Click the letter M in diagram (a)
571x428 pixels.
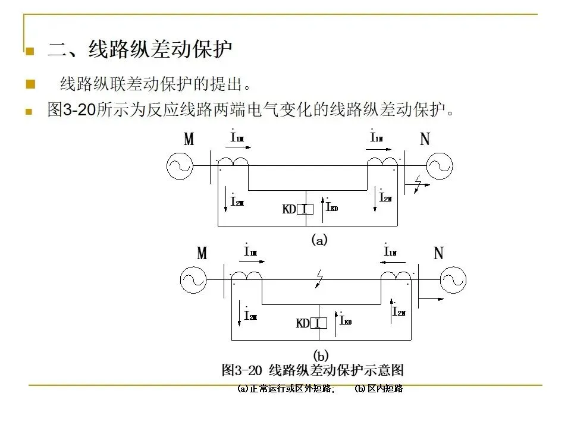coord(189,140)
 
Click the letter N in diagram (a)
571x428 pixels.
coord(425,140)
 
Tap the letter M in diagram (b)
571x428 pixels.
coord(202,254)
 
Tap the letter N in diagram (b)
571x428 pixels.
coord(438,254)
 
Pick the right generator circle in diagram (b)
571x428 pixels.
coord(453,280)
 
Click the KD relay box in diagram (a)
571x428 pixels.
coord(305,209)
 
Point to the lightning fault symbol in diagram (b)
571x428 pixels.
coord(320,278)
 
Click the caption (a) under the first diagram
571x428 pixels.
coord(319,241)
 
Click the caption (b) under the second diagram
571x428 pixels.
coord(321,355)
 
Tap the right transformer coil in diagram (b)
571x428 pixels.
coord(396,276)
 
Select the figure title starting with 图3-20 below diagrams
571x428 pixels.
coord(312,370)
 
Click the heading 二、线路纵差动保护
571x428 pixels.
coord(139,50)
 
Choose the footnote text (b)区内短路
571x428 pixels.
coord(378,389)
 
